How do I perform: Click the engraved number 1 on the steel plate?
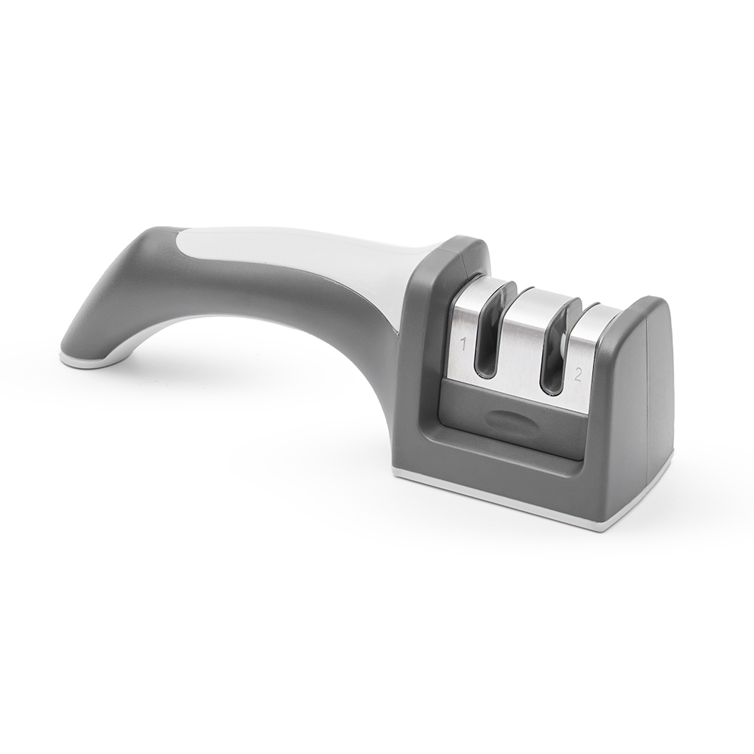464,345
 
